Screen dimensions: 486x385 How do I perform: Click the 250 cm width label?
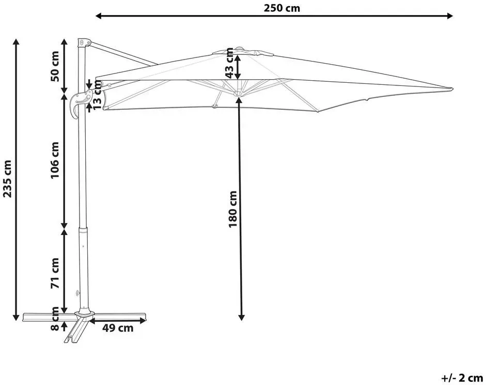[282, 8]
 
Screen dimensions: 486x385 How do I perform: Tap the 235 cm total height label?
[7, 179]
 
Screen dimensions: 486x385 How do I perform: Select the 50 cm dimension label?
[55, 66]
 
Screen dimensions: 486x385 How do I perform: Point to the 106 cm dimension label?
[55, 160]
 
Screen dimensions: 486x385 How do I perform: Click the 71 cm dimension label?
[55, 273]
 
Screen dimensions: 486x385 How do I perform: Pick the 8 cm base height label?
[55, 318]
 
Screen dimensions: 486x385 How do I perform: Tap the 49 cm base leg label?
[118, 328]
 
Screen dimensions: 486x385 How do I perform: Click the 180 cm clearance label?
[233, 209]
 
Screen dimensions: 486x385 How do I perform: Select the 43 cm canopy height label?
[229, 63]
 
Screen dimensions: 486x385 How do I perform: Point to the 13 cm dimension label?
[97, 95]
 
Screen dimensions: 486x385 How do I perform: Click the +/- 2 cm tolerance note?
[462, 378]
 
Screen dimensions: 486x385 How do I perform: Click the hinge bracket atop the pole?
[84, 42]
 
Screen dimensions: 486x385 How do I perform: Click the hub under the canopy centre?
[238, 94]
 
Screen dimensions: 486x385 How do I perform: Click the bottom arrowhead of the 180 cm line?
[241, 317]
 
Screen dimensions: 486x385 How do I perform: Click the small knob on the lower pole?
[77, 293]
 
